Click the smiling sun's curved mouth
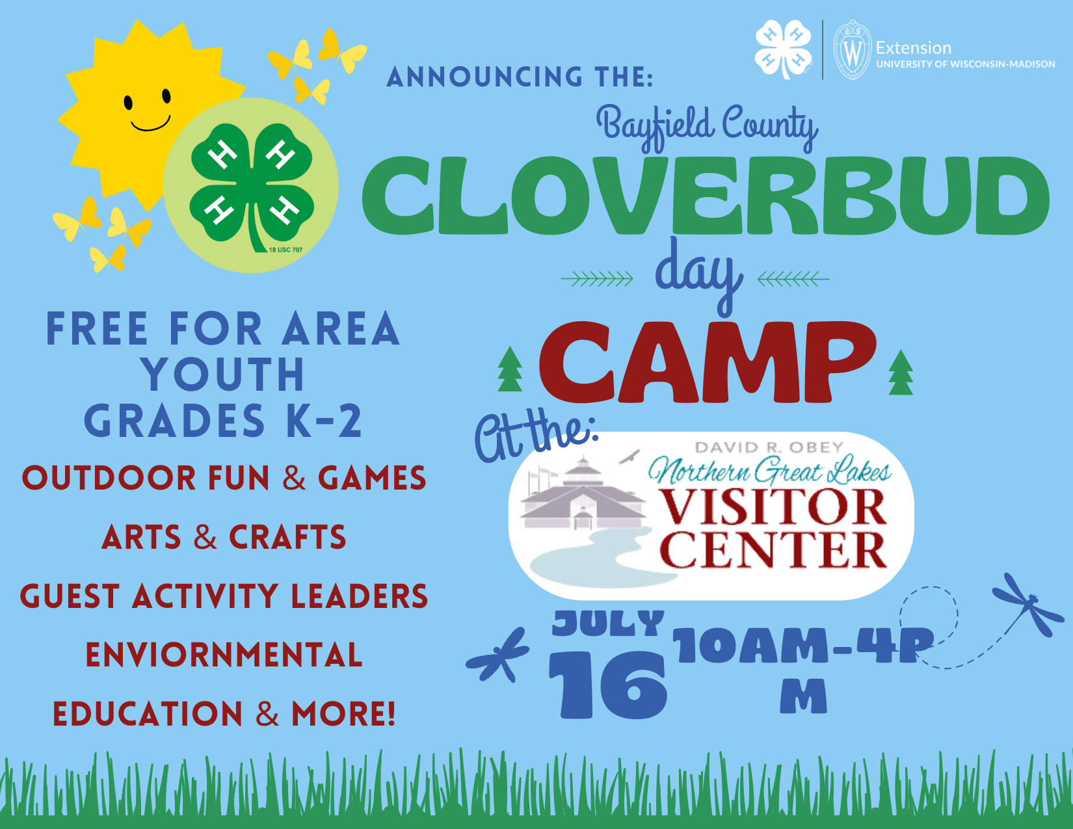[151, 125]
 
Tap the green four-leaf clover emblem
[252, 187]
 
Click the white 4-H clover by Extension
[783, 49]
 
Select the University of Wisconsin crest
[853, 50]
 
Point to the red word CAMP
[707, 363]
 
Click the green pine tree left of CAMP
[510, 369]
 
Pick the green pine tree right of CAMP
[901, 373]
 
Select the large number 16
[608, 685]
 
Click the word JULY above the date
[608, 623]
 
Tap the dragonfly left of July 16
[497, 655]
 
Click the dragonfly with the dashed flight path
[1028, 605]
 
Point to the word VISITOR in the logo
[773, 507]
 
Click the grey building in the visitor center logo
[583, 493]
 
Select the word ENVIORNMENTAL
[224, 655]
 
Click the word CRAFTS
[287, 536]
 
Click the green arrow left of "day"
[596, 279]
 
